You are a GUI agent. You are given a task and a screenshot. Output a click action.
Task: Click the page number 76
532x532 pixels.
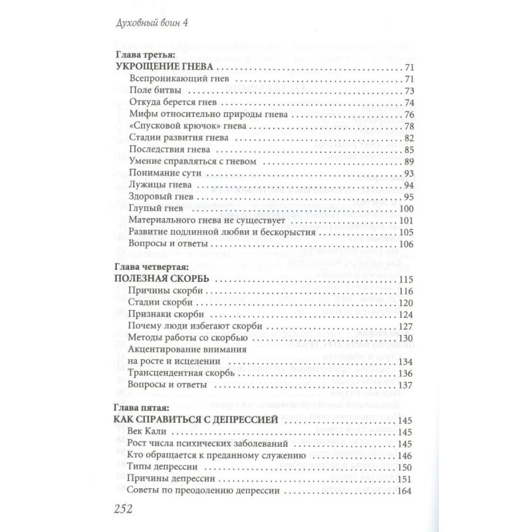click(x=409, y=114)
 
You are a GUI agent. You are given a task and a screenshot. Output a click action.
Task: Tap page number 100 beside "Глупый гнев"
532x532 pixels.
click(x=406, y=208)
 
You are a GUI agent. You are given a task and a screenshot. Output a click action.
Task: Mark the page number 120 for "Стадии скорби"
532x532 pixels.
click(x=406, y=303)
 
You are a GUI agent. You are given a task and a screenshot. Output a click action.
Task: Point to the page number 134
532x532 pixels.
click(x=406, y=361)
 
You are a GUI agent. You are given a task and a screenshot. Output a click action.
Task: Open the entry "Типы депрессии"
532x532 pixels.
click(x=160, y=467)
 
